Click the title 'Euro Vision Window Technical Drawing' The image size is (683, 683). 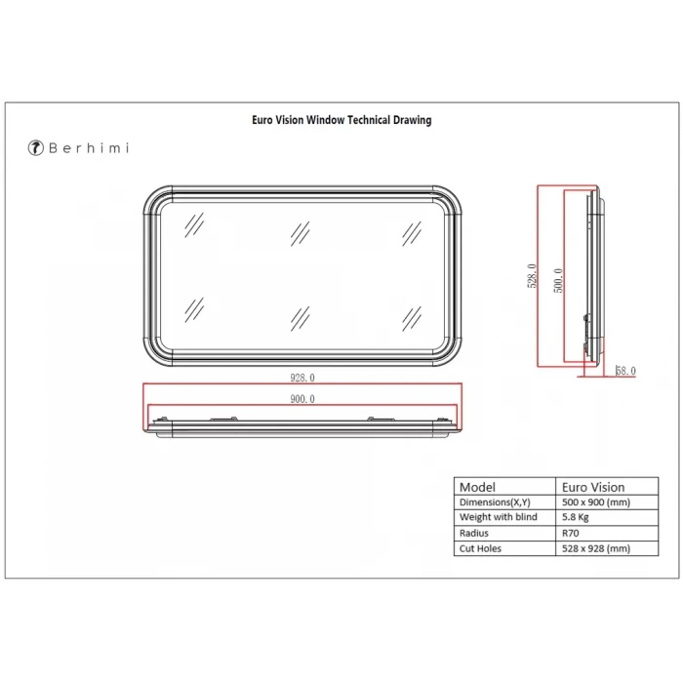pyautogui.click(x=341, y=120)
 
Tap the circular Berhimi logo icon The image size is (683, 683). pyautogui.click(x=36, y=147)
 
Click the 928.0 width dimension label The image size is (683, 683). pyautogui.click(x=302, y=378)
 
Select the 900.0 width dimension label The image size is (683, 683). pyautogui.click(x=302, y=399)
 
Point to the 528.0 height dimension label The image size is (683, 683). pyautogui.click(x=532, y=276)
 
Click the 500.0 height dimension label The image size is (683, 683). pyautogui.click(x=558, y=281)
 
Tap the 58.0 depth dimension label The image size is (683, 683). pyautogui.click(x=625, y=371)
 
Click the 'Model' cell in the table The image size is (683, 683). pyautogui.click(x=477, y=487)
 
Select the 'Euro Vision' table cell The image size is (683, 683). pyautogui.click(x=593, y=487)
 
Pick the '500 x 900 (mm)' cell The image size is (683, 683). pyautogui.click(x=596, y=502)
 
